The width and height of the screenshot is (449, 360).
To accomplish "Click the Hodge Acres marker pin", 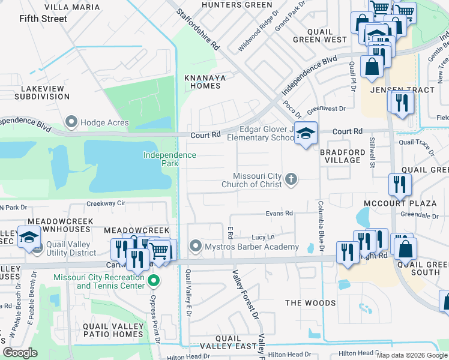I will click(72, 122).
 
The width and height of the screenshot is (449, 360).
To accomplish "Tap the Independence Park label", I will click(169, 159).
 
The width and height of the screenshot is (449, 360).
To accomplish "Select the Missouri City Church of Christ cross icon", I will click(291, 179).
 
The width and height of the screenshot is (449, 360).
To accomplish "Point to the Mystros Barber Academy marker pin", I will click(195, 247).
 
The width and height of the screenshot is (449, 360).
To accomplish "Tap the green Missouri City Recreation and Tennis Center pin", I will click(154, 281).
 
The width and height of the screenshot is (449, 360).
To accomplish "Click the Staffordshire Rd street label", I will click(199, 29).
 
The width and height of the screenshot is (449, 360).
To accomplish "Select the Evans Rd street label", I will click(280, 213).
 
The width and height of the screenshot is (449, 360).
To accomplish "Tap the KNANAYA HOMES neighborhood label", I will click(202, 82).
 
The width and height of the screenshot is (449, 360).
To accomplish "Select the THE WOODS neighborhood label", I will click(310, 303).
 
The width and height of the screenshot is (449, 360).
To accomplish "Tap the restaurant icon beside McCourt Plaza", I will click(399, 185).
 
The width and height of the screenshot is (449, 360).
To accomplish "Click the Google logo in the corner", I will click(20, 353).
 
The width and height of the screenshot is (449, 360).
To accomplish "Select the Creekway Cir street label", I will click(105, 203).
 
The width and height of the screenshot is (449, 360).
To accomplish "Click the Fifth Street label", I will click(43, 19).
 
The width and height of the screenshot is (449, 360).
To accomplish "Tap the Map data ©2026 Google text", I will click(412, 355).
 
